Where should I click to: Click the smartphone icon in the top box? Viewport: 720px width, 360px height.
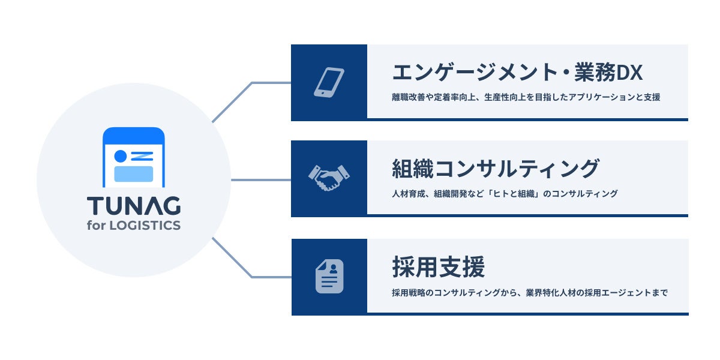(x=329, y=82)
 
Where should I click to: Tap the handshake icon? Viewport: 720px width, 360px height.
(x=329, y=178)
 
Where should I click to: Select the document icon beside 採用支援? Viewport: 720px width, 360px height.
(x=329, y=277)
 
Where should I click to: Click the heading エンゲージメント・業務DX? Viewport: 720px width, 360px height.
(x=517, y=72)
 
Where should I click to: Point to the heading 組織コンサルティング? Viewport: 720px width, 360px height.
(x=496, y=169)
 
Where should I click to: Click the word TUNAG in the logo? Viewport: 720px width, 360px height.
(x=134, y=206)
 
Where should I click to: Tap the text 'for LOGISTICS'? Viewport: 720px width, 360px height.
(x=134, y=226)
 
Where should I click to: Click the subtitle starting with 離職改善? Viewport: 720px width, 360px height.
(x=526, y=97)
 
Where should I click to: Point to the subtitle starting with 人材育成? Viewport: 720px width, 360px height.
(x=504, y=194)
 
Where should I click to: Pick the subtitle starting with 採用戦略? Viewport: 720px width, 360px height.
(x=529, y=293)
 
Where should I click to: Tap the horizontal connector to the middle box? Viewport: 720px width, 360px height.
(x=261, y=179)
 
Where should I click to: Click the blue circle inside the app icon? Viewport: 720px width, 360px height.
(x=120, y=156)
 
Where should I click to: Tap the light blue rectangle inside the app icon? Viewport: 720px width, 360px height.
(x=134, y=173)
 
